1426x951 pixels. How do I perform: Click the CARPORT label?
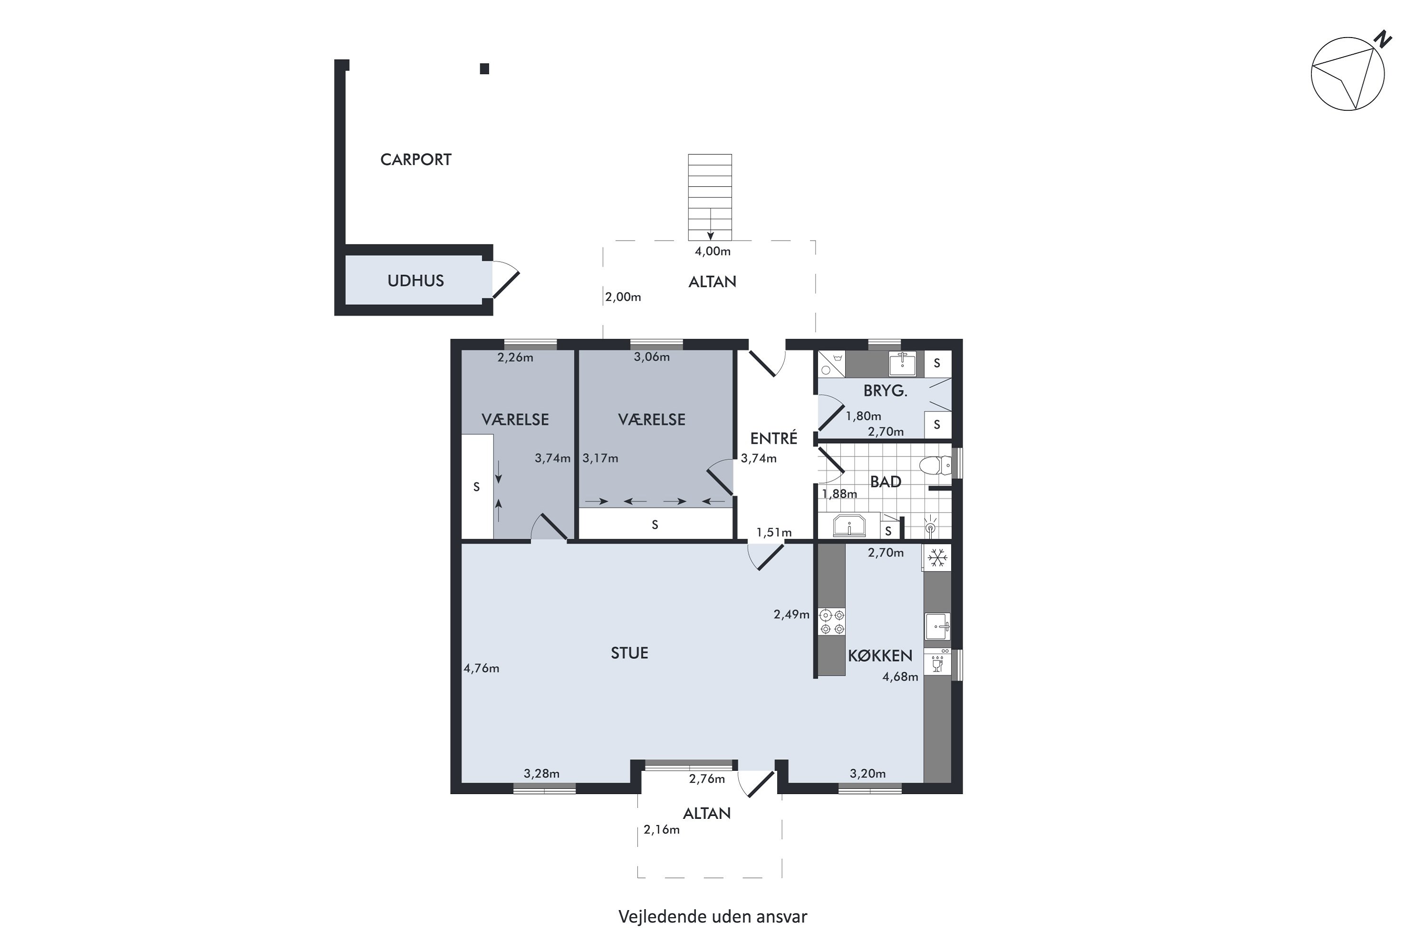pyautogui.click(x=415, y=159)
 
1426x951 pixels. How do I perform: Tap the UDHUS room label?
pyautogui.click(x=415, y=281)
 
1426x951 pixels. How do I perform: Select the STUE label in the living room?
pyautogui.click(x=629, y=653)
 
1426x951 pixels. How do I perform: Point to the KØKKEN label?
pyautogui.click(x=880, y=656)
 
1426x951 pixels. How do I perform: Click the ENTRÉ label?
pyautogui.click(x=774, y=438)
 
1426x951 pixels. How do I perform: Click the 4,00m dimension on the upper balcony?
pyautogui.click(x=713, y=251)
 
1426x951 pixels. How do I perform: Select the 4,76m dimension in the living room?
pyautogui.click(x=482, y=669)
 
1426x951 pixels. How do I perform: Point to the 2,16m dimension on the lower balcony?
pyautogui.click(x=662, y=830)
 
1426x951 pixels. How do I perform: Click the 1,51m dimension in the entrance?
pyautogui.click(x=774, y=533)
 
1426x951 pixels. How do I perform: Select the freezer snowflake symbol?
pyautogui.click(x=937, y=558)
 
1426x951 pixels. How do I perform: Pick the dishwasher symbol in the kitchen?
pyautogui.click(x=937, y=662)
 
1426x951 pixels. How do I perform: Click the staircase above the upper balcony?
pyautogui.click(x=710, y=198)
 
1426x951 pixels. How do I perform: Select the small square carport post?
pyautogui.click(x=484, y=69)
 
